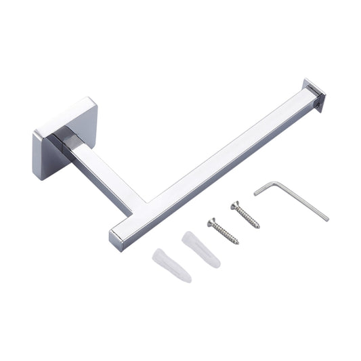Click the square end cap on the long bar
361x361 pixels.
315,95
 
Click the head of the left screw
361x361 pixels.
211,221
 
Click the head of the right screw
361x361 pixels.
235,204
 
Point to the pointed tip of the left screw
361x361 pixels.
237,242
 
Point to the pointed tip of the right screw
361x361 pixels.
259,226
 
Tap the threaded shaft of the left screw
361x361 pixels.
225,233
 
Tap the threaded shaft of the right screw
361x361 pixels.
248,216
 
